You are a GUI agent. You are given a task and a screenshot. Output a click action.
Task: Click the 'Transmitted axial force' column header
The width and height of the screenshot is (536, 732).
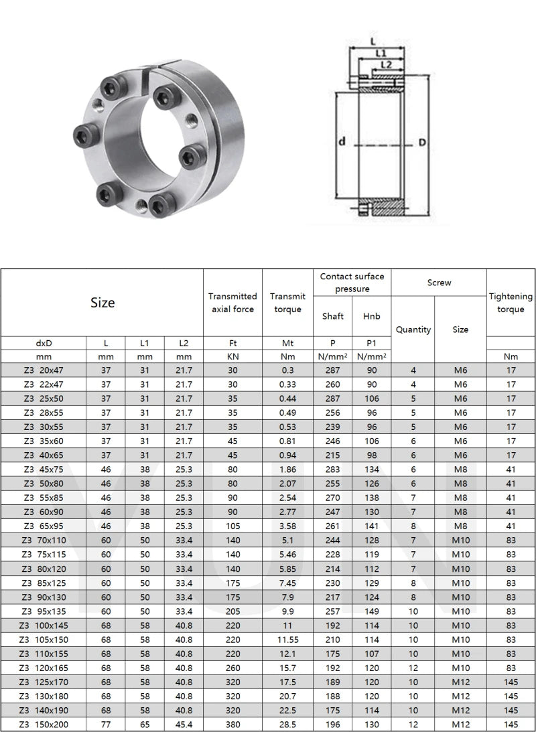click(232, 303)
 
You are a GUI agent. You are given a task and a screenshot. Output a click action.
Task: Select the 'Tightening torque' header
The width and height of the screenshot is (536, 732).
click(511, 303)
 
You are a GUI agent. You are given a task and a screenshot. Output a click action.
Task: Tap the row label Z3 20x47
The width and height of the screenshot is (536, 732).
click(44, 370)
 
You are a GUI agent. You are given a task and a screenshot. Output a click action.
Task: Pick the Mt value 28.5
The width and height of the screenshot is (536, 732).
click(287, 724)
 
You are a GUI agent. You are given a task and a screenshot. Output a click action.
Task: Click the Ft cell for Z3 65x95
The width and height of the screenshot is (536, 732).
click(232, 526)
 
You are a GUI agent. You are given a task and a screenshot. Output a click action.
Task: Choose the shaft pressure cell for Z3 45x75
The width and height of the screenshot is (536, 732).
click(332, 469)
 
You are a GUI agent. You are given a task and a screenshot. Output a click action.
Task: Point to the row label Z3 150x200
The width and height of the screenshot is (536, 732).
click(44, 724)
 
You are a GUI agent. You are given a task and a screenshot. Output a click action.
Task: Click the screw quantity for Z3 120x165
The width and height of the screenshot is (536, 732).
click(413, 668)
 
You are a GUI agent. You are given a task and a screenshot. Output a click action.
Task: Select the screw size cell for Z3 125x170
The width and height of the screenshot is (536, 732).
click(460, 682)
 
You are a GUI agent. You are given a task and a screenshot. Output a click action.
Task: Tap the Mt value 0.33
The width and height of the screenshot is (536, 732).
click(287, 384)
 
